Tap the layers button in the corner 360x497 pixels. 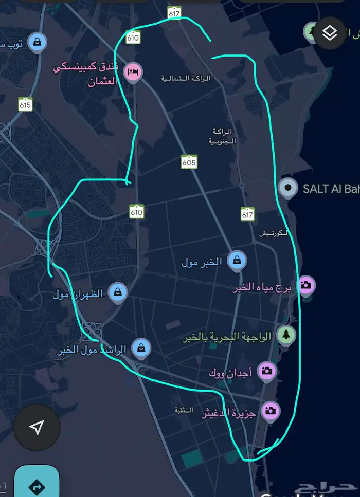click(x=330, y=33)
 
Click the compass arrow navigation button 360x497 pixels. click(x=37, y=427)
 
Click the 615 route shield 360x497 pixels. click(x=25, y=105)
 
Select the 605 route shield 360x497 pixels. click(x=189, y=162)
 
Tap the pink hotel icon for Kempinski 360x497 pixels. click(x=133, y=71)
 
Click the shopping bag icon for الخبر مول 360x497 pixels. click(x=236, y=260)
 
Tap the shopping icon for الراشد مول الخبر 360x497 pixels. click(x=141, y=347)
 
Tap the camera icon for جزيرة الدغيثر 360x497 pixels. click(x=271, y=410)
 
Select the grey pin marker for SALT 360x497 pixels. click(x=287, y=188)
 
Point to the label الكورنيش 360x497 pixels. click(x=273, y=233)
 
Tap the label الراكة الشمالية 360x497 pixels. click(x=186, y=78)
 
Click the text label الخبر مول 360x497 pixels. click(x=202, y=262)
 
